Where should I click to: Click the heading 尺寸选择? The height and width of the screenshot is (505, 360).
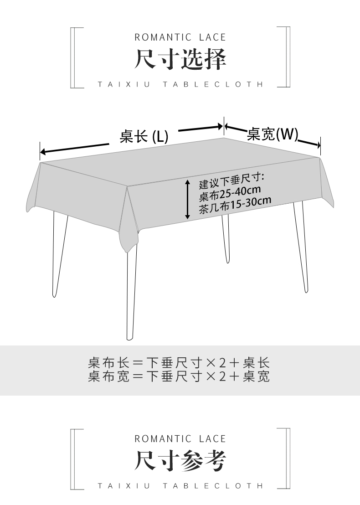click(180, 60)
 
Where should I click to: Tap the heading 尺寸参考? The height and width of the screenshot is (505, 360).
click(180, 461)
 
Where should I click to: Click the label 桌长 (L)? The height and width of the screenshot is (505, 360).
click(144, 136)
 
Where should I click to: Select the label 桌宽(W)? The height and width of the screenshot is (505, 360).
click(273, 134)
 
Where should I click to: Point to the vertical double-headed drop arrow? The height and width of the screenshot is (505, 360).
click(187, 200)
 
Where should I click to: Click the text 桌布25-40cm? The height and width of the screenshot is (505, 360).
click(230, 193)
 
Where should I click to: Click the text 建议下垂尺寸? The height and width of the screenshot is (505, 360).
click(232, 181)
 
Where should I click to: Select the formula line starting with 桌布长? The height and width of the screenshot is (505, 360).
click(179, 363)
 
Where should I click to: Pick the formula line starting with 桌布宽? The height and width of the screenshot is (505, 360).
click(179, 376)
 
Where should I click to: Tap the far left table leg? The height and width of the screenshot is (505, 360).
click(57, 255)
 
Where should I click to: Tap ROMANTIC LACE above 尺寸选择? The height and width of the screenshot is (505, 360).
click(180, 37)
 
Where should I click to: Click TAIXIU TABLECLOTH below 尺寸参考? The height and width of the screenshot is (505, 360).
click(180, 486)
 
